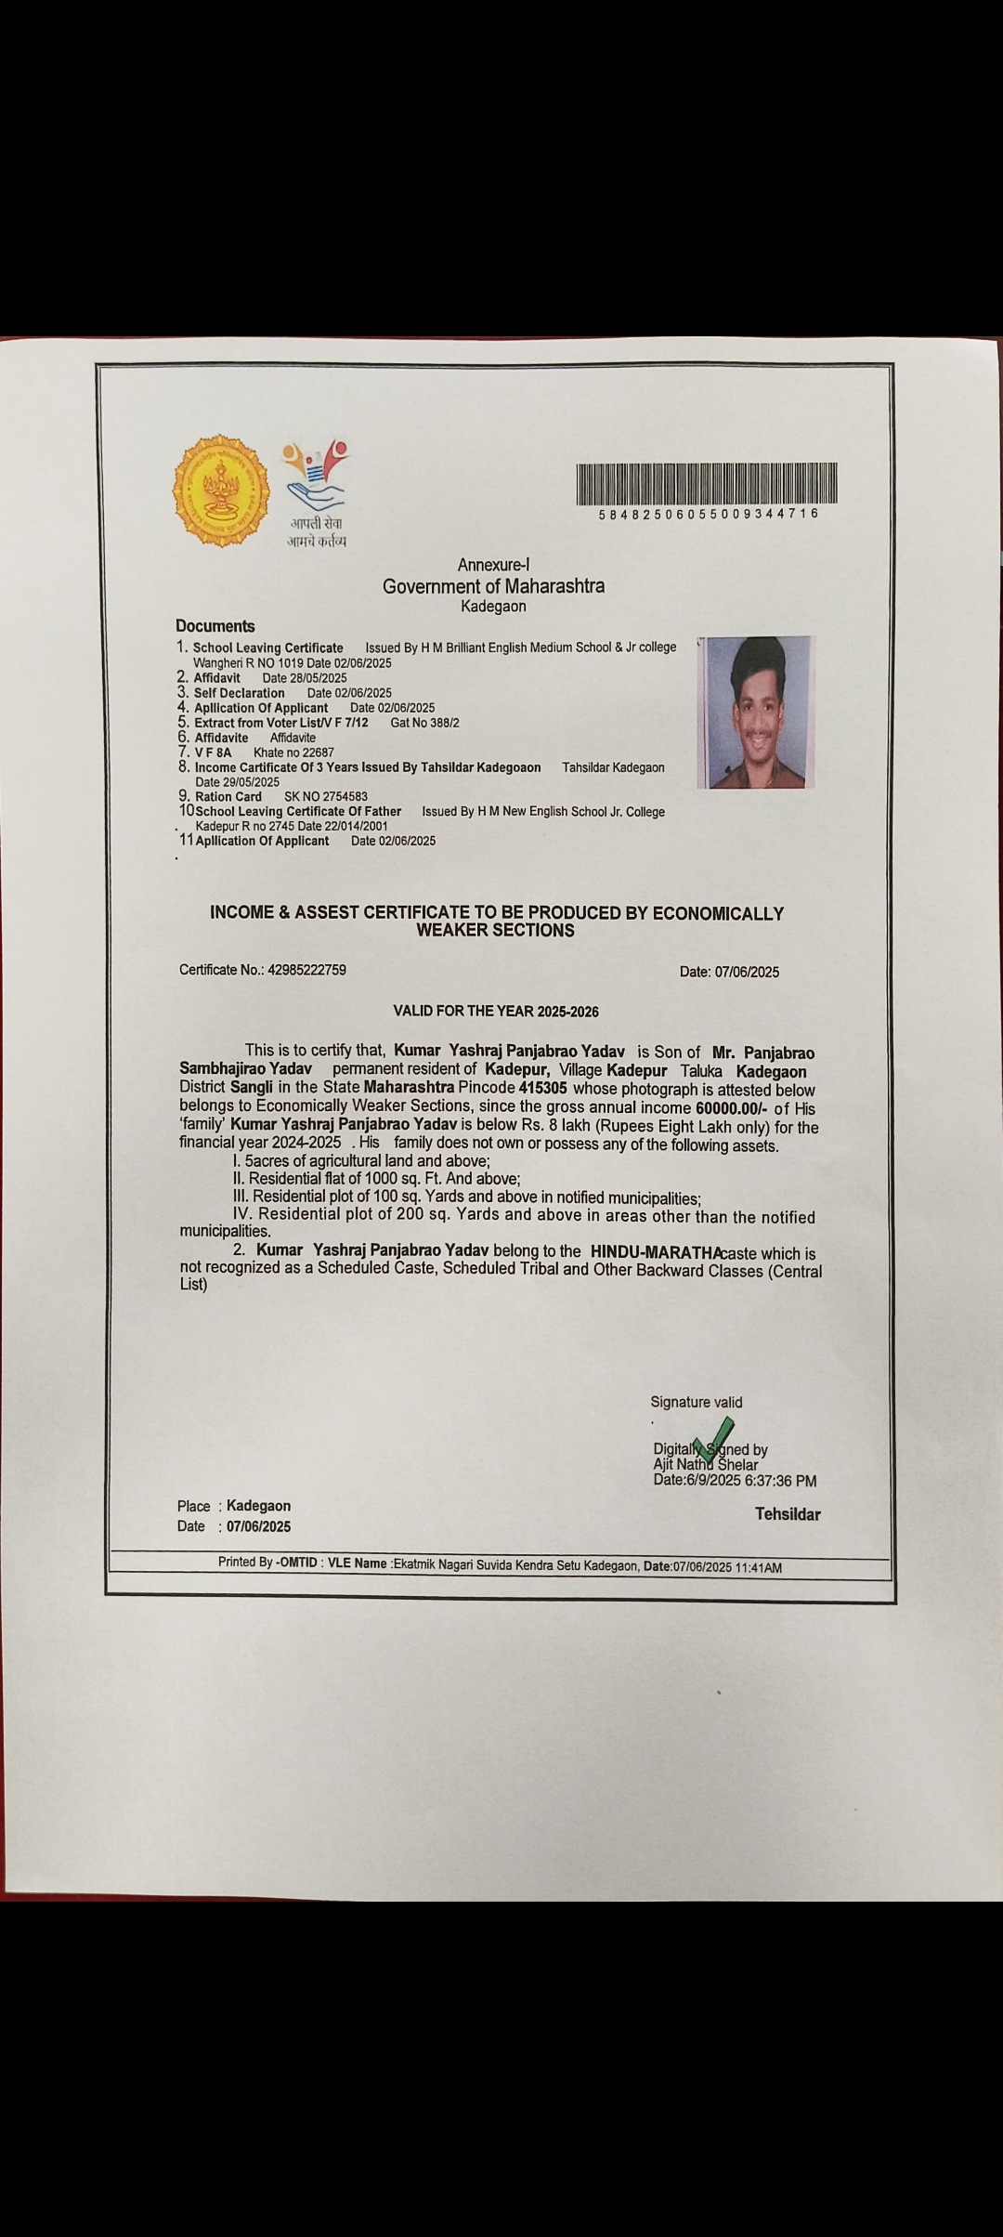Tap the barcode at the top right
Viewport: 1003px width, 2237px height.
point(707,484)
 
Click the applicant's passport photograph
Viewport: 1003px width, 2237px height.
point(756,712)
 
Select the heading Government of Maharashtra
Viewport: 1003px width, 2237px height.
point(493,586)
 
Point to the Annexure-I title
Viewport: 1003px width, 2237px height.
point(493,565)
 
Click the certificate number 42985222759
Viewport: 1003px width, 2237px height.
point(306,970)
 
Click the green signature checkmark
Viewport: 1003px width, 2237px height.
point(713,1439)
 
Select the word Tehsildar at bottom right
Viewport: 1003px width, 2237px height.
point(788,1514)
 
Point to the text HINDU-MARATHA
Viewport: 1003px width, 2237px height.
point(656,1252)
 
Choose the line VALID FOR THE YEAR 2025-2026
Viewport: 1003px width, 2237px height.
point(496,1011)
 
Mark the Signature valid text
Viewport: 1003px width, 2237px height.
point(697,1403)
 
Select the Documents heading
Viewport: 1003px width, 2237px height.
point(215,626)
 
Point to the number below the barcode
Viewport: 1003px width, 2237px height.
point(709,514)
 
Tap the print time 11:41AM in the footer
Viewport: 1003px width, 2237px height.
point(758,1567)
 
